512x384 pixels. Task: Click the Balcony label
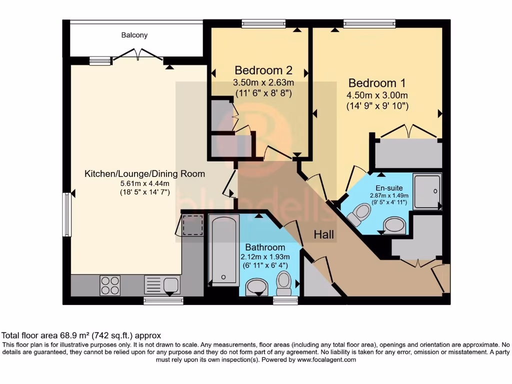click(x=134, y=35)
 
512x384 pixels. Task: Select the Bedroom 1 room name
click(x=377, y=83)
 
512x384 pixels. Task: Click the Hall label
click(x=324, y=234)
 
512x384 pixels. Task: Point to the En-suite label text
click(x=389, y=188)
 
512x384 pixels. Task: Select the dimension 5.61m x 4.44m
click(x=144, y=183)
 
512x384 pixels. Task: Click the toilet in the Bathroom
click(x=284, y=283)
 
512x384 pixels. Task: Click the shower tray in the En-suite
click(x=427, y=190)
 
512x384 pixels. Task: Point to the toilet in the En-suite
click(x=359, y=214)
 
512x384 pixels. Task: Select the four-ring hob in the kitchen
click(x=110, y=285)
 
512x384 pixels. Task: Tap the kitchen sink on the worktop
click(x=162, y=285)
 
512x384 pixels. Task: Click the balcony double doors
click(x=138, y=54)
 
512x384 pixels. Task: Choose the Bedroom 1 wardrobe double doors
click(x=409, y=131)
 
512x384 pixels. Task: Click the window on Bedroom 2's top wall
click(x=263, y=23)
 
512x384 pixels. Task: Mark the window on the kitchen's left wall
click(x=66, y=214)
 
